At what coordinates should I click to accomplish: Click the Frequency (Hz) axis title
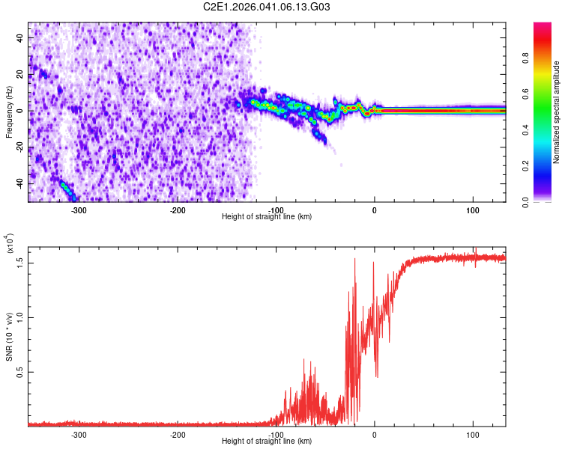tap(9, 112)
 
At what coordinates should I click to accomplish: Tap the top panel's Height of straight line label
tap(267, 217)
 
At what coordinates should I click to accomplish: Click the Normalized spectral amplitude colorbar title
tap(556, 112)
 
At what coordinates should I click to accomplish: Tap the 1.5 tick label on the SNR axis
tap(22, 261)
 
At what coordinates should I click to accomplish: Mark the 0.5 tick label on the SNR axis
tap(22, 371)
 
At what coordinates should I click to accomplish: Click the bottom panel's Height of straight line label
tap(267, 442)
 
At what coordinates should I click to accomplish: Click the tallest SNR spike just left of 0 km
tap(354, 259)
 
